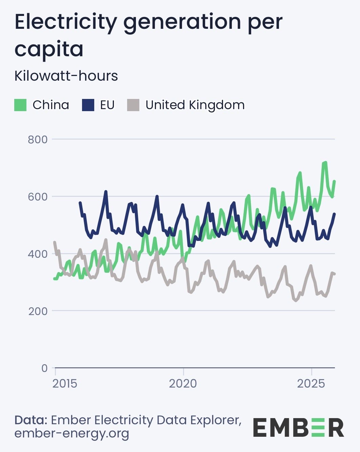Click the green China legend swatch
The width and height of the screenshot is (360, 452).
click(20, 105)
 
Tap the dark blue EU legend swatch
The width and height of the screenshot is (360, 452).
click(88, 105)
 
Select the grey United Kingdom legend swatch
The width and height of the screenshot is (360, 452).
click(133, 105)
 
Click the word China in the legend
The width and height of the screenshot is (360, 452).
click(51, 105)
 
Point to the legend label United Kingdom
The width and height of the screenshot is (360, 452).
click(195, 105)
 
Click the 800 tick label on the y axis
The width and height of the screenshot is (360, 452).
click(38, 140)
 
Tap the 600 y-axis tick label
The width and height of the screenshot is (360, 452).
click(38, 197)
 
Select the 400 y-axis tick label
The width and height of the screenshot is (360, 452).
click(38, 254)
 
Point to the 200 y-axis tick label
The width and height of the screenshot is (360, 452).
click(38, 311)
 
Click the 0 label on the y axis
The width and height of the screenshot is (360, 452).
click(44, 368)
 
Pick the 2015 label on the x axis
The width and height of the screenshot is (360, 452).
click(65, 384)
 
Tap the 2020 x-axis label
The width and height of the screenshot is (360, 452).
click(183, 384)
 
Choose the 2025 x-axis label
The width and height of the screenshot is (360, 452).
click(311, 384)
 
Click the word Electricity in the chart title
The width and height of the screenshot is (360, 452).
click(66, 22)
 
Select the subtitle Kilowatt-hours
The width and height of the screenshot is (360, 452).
click(66, 76)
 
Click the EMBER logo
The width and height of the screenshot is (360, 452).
click(298, 428)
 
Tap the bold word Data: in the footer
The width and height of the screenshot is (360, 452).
click(31, 420)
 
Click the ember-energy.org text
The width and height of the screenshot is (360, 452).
click(72, 433)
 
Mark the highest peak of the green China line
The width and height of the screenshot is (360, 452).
click(325, 162)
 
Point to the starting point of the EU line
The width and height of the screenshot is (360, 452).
click(80, 203)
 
